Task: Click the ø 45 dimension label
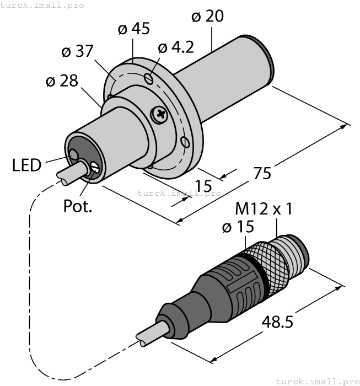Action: point(134,29)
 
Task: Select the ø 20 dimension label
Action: point(207,17)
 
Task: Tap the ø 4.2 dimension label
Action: point(175,47)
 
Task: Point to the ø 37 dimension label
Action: point(78,52)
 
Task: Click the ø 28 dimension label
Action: point(61,82)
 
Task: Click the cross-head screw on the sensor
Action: point(161,115)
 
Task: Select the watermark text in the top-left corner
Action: point(42,5)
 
